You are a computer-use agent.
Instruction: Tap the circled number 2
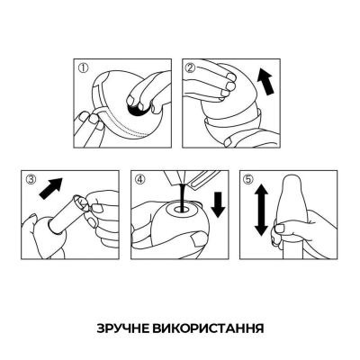click(x=191, y=67)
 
